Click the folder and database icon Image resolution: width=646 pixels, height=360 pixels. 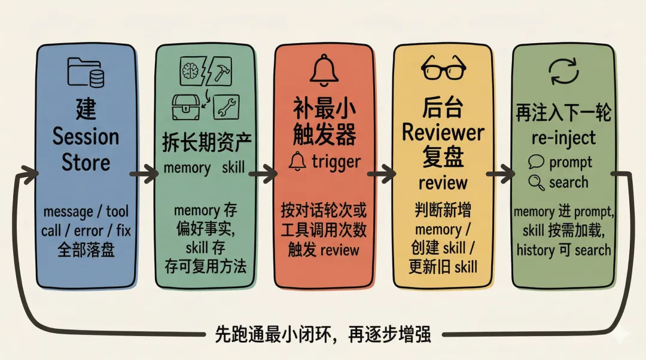click(86, 72)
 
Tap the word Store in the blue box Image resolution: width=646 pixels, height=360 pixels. click(86, 162)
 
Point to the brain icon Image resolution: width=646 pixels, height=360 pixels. click(190, 71)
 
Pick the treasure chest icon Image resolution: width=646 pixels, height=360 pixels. click(186, 107)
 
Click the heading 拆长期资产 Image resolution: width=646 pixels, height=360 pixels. click(206, 142)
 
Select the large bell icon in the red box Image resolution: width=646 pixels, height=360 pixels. click(324, 69)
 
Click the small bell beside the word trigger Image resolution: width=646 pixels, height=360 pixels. click(297, 161)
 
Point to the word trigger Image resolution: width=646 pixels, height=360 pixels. click(336, 161)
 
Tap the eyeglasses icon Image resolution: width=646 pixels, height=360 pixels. click(443, 68)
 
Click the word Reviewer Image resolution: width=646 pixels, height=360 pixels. click(443, 132)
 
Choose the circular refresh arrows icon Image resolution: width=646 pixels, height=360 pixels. click(563, 71)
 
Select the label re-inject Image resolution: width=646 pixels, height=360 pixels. click(563, 138)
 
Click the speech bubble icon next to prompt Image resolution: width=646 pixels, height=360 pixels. click(537, 162)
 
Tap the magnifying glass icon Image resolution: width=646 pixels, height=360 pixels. click(537, 182)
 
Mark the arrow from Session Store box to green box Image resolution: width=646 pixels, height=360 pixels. click(144, 175)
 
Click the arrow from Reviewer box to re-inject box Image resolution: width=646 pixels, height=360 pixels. click(501, 174)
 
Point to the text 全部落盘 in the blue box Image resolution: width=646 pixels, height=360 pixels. click(85, 249)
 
